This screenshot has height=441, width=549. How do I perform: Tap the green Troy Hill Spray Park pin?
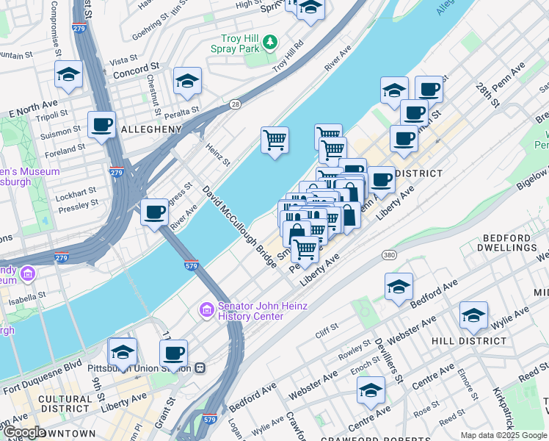(x=271, y=41)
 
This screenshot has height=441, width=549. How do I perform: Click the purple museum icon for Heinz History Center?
(x=206, y=311)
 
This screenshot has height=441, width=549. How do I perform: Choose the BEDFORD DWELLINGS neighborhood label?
(x=512, y=243)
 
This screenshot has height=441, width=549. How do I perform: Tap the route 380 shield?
(x=389, y=254)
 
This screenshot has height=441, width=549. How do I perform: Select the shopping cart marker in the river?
(x=274, y=140)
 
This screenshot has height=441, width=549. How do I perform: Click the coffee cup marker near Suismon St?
(x=101, y=124)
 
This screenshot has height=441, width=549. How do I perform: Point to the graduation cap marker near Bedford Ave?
(x=399, y=287)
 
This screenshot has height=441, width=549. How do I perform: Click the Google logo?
(x=23, y=432)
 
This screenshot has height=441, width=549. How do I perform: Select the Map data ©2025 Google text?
(x=503, y=435)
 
